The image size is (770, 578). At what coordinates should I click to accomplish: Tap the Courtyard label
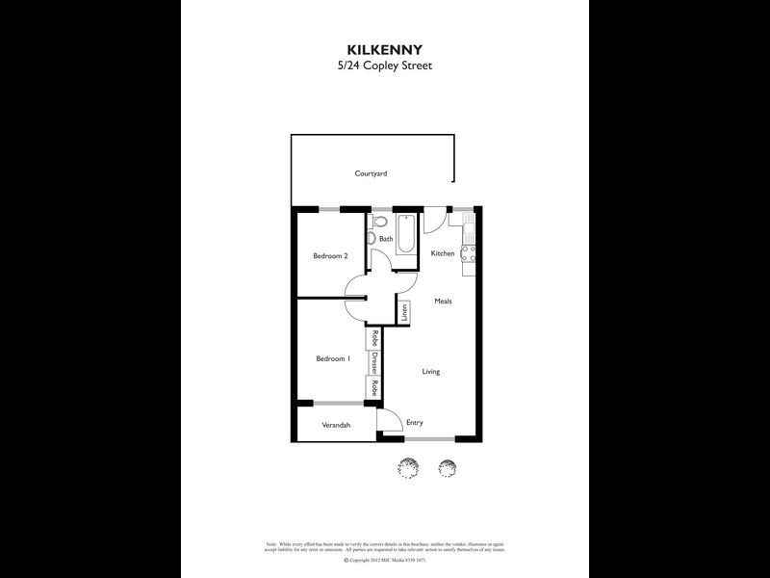371,173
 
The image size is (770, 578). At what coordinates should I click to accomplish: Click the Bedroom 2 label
330,256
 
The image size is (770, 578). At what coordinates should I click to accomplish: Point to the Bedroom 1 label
332,358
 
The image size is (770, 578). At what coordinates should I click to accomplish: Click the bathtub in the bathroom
405,234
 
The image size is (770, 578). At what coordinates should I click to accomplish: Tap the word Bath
385,240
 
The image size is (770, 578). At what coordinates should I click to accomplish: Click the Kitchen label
442,253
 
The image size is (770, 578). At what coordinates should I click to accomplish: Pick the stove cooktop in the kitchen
469,254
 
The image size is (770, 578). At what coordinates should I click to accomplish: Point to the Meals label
443,302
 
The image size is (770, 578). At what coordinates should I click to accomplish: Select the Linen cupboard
405,312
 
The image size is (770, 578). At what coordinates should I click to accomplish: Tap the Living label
430,371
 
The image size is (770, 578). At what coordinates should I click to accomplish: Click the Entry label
415,423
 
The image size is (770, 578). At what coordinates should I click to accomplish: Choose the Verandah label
335,425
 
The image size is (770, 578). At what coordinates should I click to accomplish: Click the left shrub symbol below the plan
408,467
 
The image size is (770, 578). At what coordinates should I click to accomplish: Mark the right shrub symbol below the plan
446,467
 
